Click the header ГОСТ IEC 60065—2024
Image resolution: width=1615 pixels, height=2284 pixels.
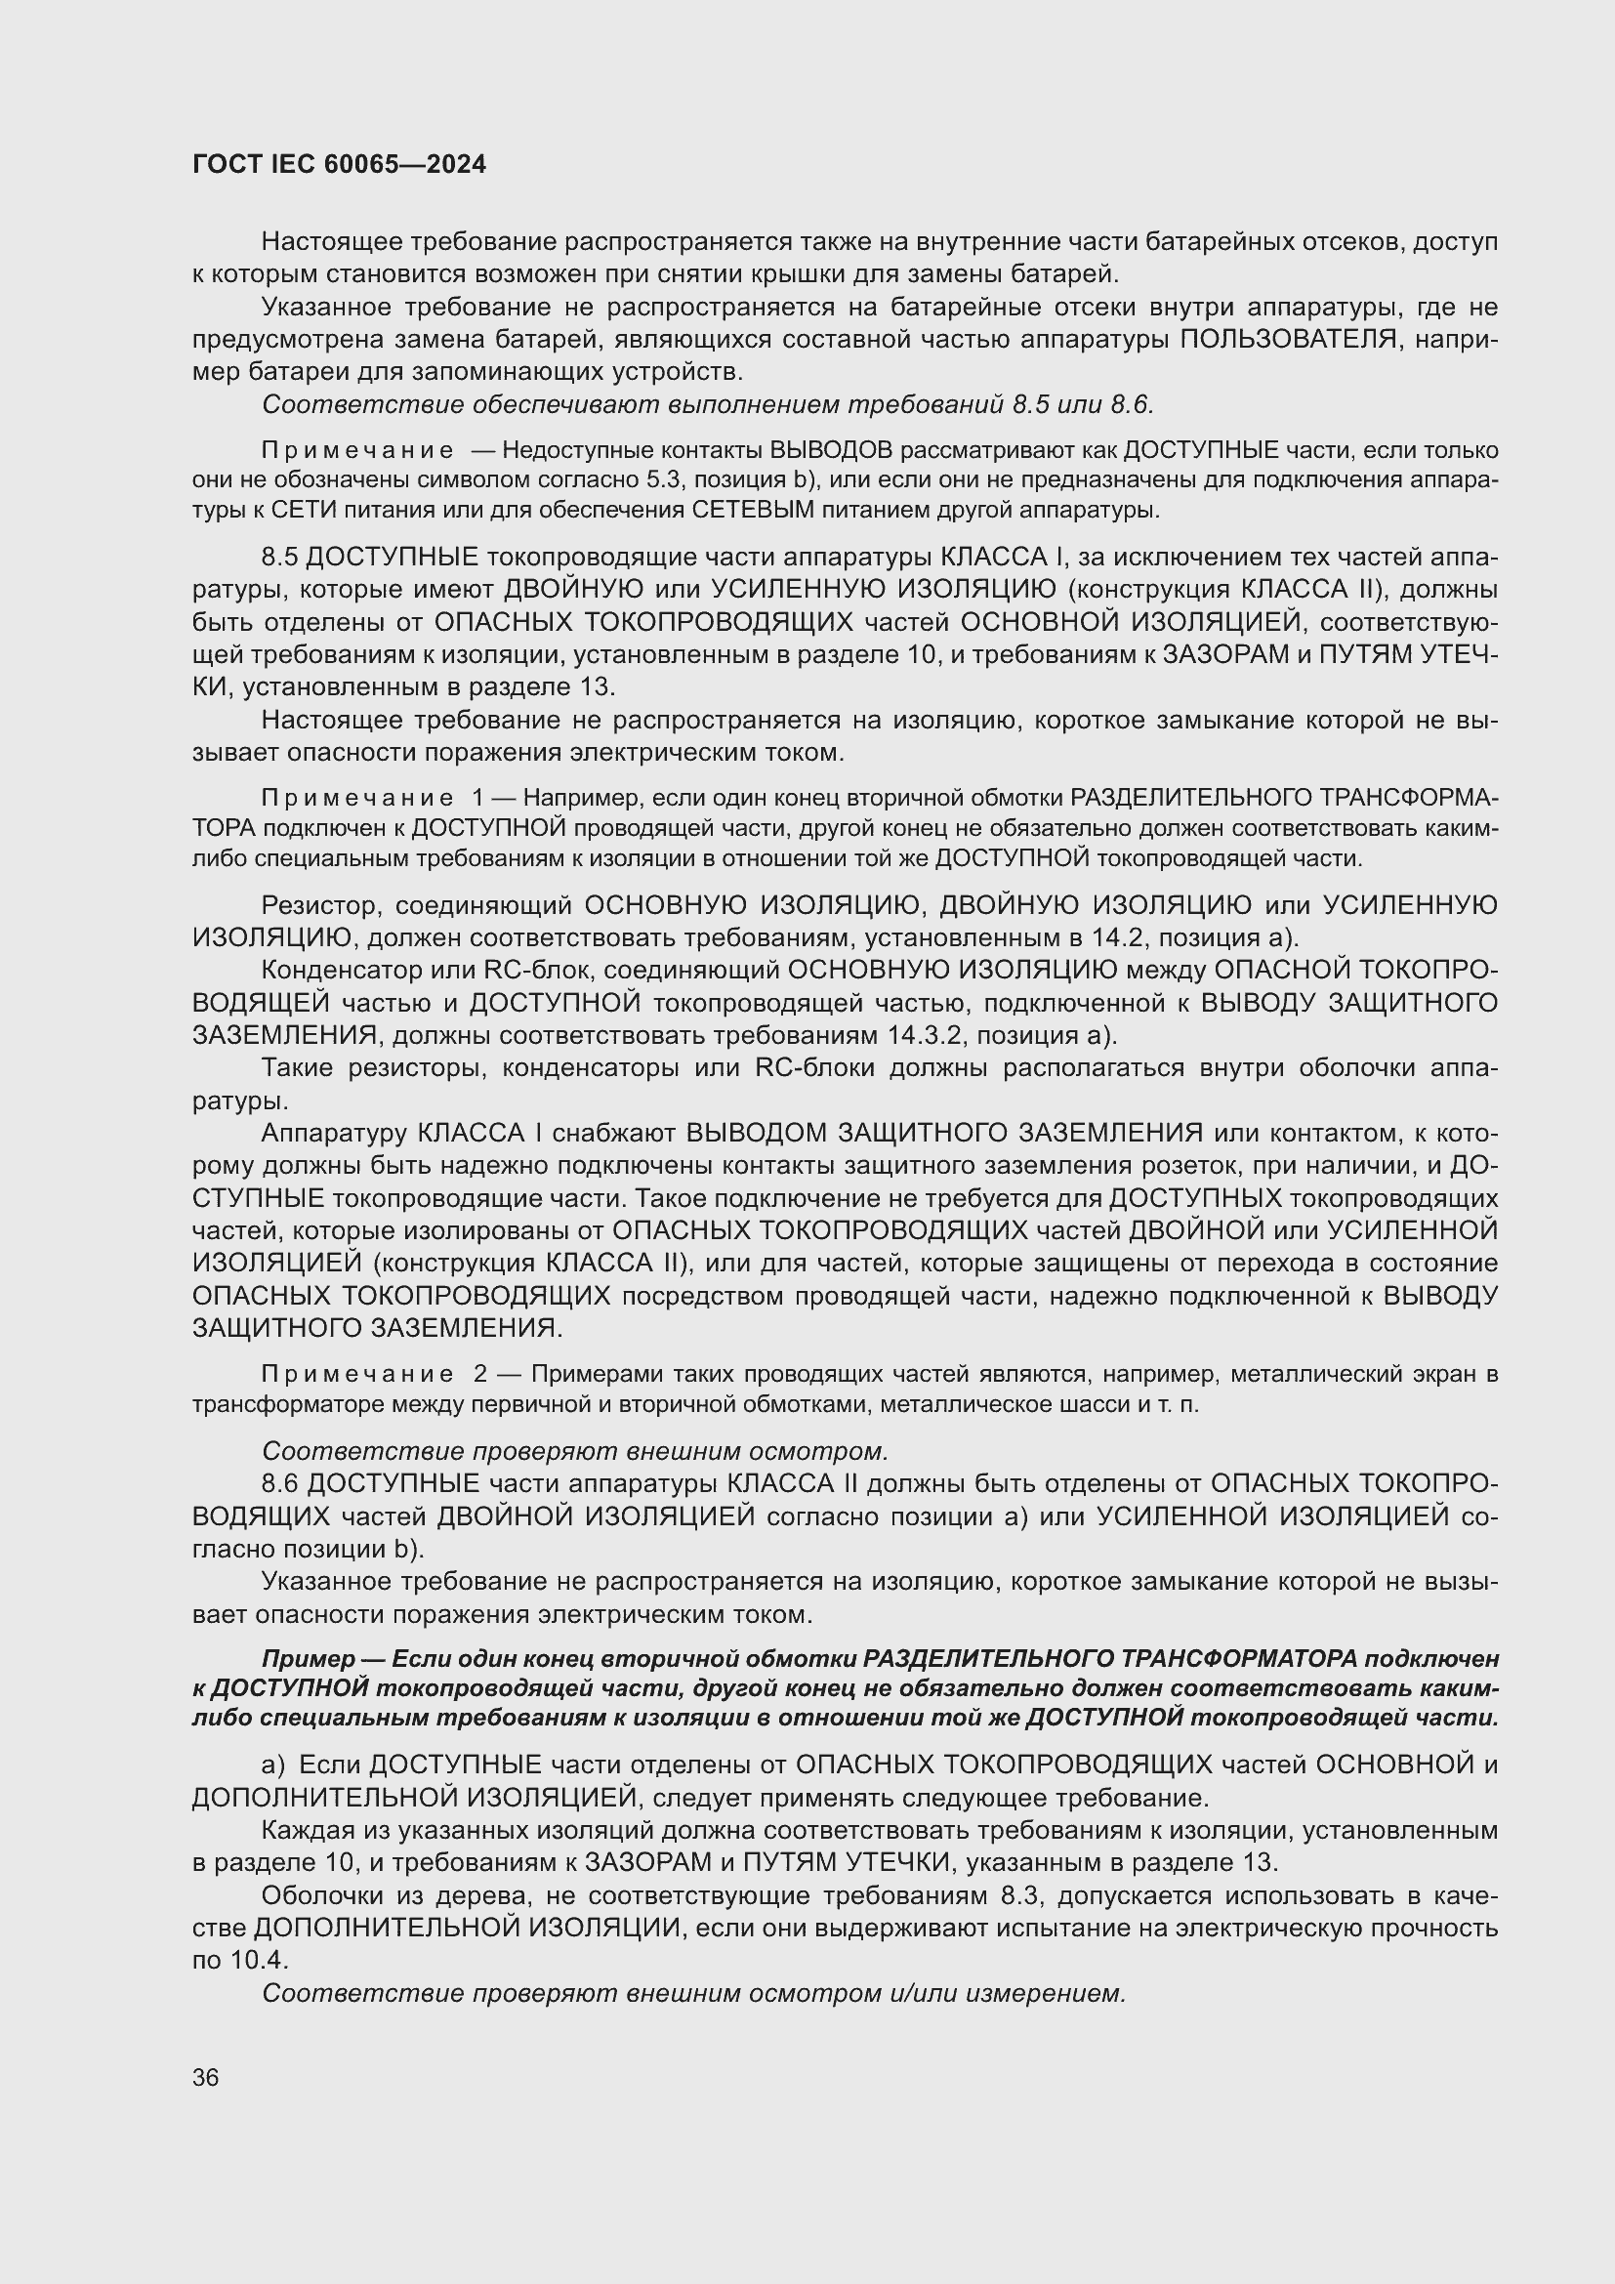pos(339,164)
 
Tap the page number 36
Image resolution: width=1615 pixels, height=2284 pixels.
pos(206,2078)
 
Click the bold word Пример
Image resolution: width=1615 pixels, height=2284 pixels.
pos(309,1659)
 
